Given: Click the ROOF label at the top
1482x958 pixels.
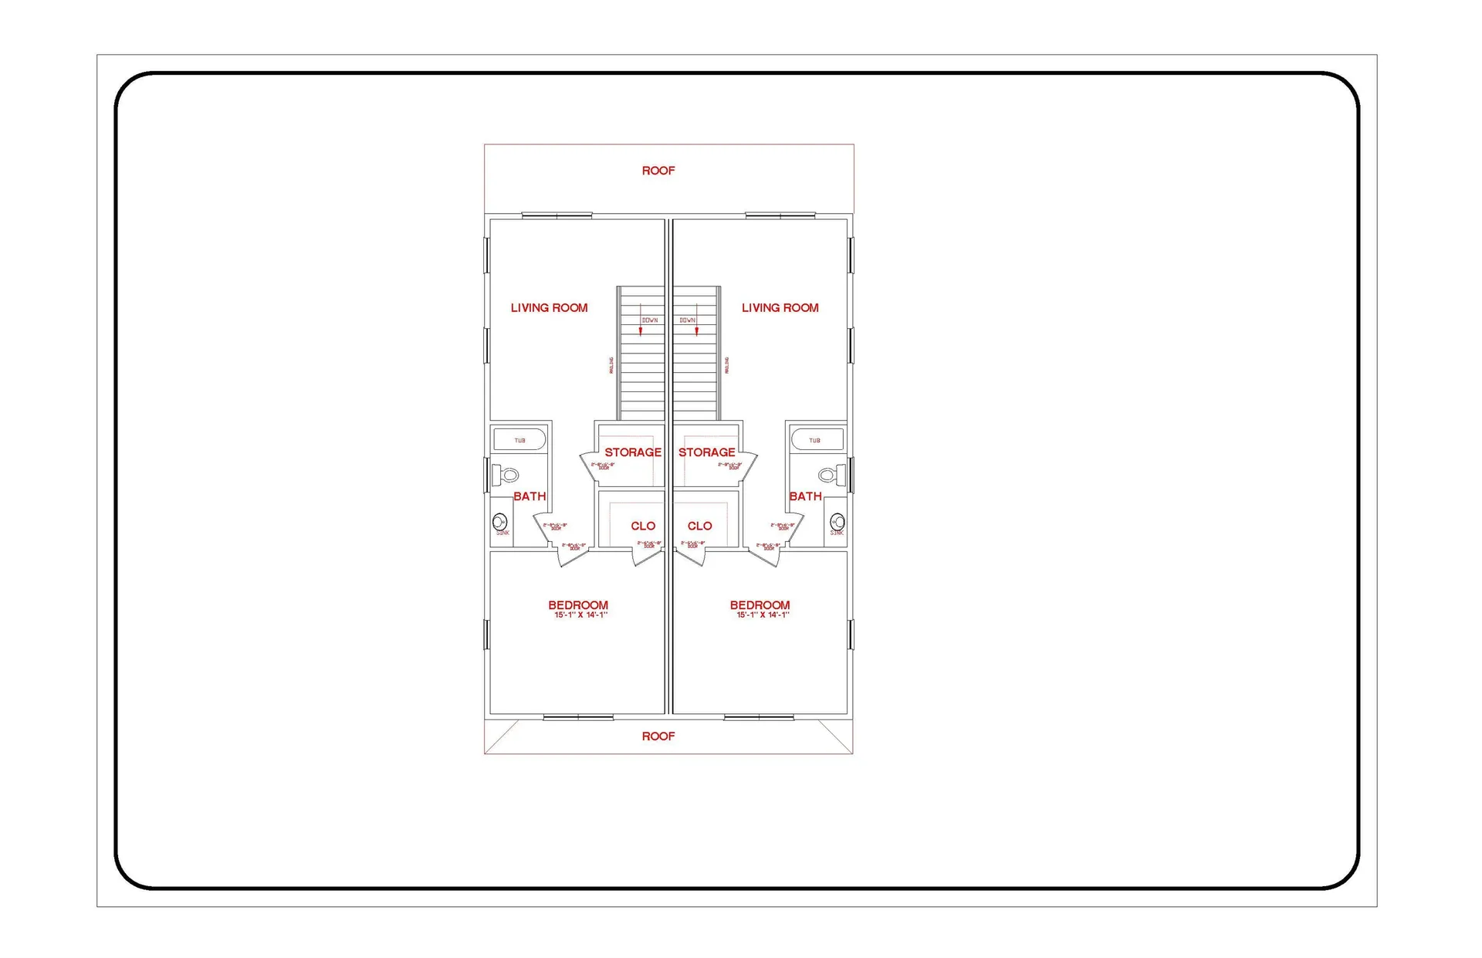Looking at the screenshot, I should [x=658, y=171].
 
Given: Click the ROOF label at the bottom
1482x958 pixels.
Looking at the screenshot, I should [x=658, y=736].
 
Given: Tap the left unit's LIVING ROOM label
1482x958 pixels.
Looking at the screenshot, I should [x=549, y=308].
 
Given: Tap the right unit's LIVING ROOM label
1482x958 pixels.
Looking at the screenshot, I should [x=780, y=308].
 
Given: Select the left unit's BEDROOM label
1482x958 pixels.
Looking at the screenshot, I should [x=578, y=605].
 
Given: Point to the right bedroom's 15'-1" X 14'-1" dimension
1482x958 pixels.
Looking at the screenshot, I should [x=763, y=615].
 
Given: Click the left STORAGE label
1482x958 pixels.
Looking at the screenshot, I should [x=632, y=452].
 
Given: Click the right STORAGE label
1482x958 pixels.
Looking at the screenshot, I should [x=706, y=452].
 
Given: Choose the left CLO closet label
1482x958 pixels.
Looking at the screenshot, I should [x=642, y=526].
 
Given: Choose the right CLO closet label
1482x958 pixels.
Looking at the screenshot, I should [x=699, y=526].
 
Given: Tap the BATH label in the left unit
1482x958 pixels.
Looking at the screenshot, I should [x=530, y=496].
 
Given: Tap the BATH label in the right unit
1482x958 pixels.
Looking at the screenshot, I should [x=805, y=496].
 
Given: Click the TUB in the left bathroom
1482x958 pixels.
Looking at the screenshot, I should [x=519, y=440].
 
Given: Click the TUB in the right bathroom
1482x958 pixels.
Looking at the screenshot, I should [x=815, y=440].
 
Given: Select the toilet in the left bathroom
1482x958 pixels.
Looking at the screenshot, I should [x=506, y=475].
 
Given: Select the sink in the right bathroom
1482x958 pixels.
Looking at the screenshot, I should [x=837, y=523].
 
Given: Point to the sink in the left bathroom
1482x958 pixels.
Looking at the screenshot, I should [x=500, y=523].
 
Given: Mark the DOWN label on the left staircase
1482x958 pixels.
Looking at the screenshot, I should [x=650, y=320].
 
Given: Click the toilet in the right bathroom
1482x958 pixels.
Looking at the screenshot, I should [x=831, y=475].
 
